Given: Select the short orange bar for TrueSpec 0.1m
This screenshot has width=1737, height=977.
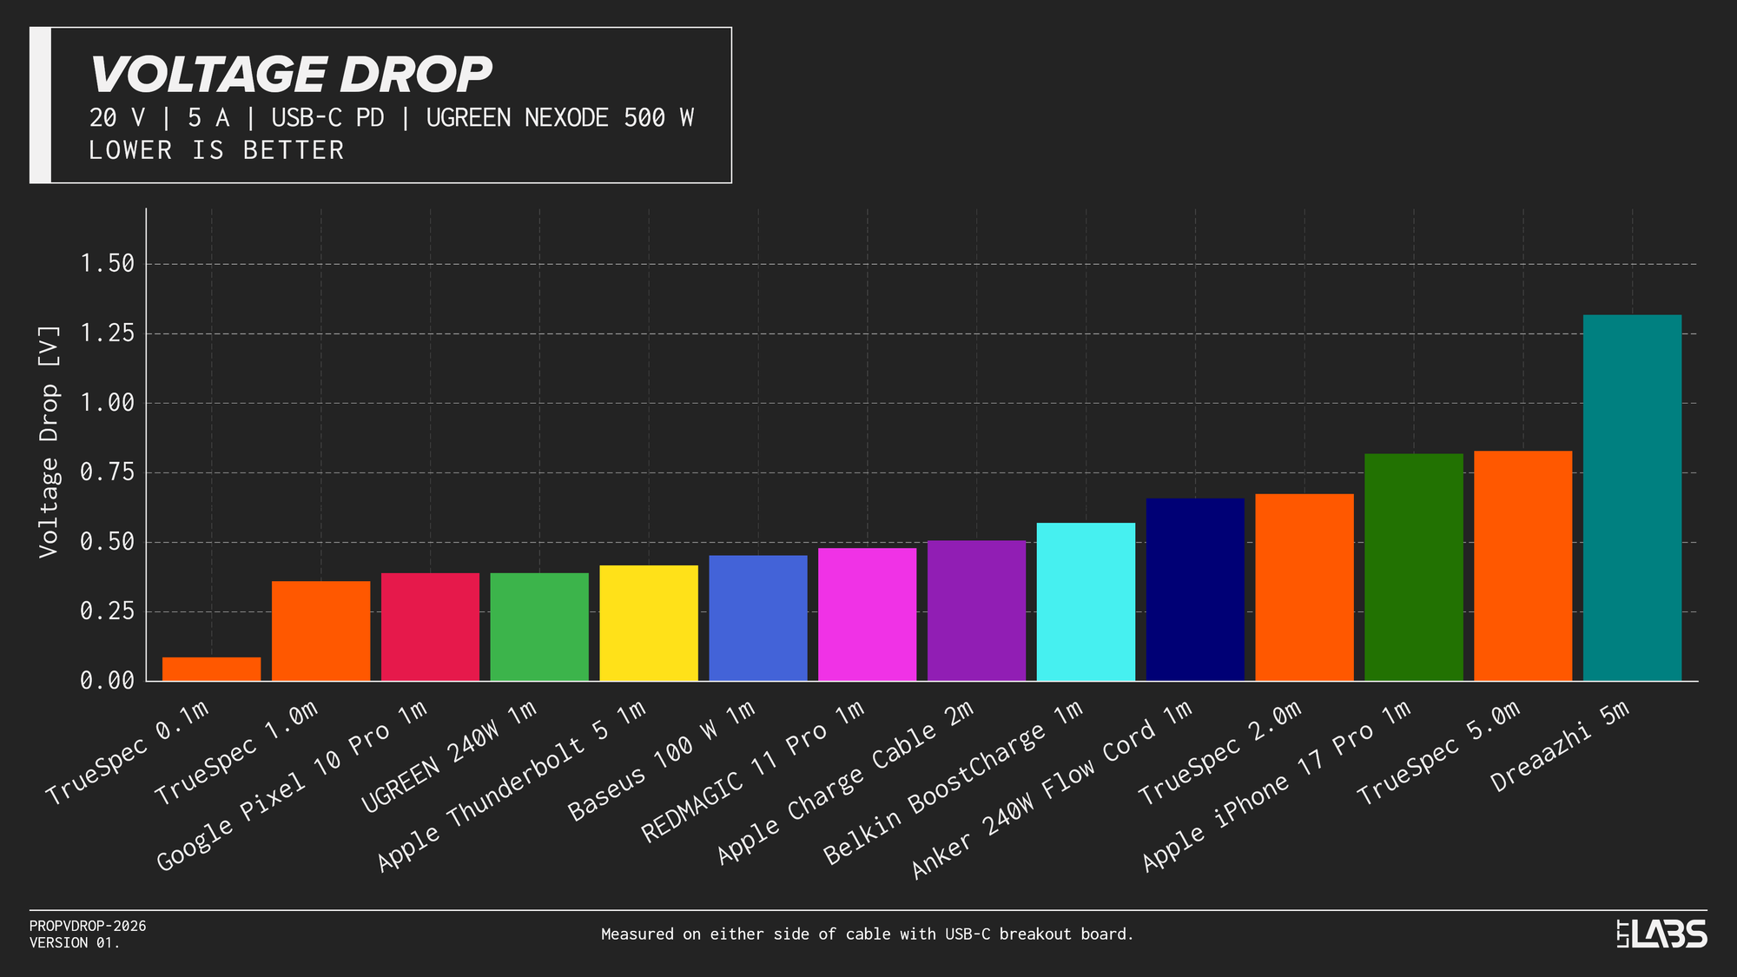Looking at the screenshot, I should (211, 669).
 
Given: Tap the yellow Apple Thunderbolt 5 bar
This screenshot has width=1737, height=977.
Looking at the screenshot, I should (649, 623).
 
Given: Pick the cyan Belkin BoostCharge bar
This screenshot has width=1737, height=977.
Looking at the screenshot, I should (1086, 601).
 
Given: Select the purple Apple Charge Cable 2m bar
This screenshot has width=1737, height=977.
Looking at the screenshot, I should (976, 611).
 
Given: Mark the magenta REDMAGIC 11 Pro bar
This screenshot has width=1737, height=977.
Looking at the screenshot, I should (867, 614).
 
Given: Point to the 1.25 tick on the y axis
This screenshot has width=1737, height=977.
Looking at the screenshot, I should (107, 333).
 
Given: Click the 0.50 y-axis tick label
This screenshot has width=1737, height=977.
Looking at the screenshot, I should (107, 542).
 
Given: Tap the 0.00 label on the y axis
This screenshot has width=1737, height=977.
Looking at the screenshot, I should (107, 681).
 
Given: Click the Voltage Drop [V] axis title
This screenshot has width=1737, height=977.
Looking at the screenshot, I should (49, 442).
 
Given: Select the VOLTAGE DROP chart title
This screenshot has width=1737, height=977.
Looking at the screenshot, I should (291, 75).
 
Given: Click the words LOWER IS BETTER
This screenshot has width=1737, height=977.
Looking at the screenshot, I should (216, 150).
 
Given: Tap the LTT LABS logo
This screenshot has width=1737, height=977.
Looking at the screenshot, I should (1661, 934).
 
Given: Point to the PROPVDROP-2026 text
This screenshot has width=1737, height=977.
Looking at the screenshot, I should (88, 926).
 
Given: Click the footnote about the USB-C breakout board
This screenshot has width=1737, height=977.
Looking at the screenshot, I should (867, 934).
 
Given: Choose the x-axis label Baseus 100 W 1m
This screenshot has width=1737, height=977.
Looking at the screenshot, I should (662, 762).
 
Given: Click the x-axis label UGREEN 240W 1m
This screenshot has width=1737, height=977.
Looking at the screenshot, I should (449, 758).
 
